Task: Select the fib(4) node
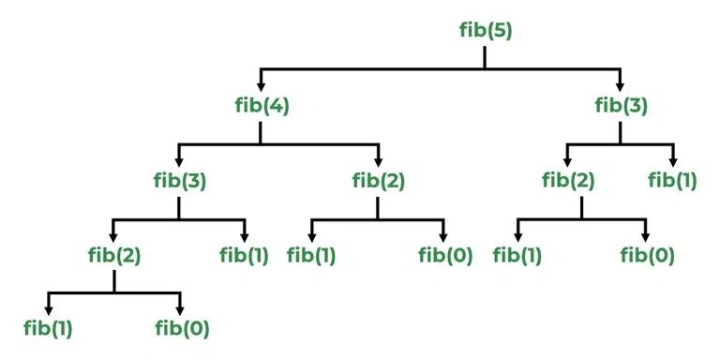pyautogui.click(x=261, y=104)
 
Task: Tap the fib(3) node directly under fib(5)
pyautogui.click(x=621, y=104)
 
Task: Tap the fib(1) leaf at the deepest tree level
pyautogui.click(x=48, y=328)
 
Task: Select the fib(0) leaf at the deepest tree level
pyautogui.click(x=181, y=328)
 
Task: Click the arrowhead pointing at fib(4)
pyautogui.click(x=261, y=83)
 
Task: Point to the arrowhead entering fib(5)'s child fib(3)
pyautogui.click(x=621, y=83)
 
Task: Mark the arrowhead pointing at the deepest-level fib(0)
pyautogui.click(x=179, y=308)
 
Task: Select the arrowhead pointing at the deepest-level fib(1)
pyautogui.click(x=48, y=308)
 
